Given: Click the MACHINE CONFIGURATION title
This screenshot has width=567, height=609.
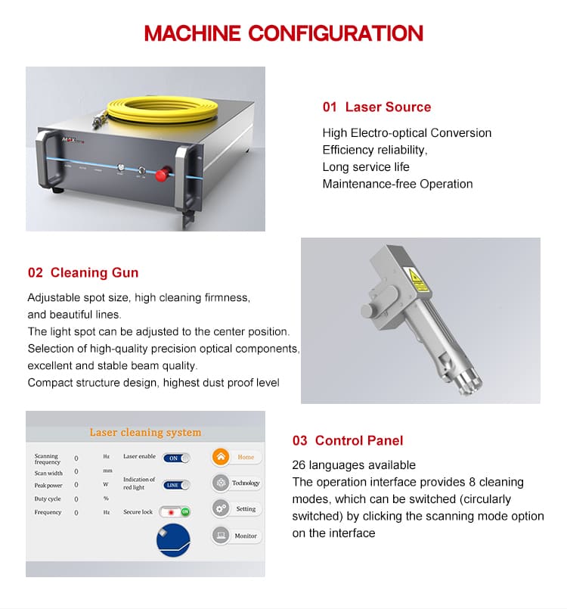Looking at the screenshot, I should coord(283,33).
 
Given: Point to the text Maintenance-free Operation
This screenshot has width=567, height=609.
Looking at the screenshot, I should coord(398,184).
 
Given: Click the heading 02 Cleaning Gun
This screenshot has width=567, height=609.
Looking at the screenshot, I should coord(83,272).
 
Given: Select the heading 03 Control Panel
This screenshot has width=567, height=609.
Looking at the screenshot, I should coord(348,440).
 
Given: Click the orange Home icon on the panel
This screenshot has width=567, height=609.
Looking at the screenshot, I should coord(220,457).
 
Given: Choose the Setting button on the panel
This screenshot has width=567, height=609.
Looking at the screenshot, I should coord(237,509).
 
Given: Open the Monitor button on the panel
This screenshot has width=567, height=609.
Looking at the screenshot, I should coord(237,536).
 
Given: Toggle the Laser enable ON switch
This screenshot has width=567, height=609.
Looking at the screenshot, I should coord(176,458).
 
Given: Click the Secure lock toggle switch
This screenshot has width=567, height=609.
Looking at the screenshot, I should coord(176,512).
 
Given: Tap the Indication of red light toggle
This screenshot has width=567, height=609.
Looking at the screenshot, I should coord(176,485).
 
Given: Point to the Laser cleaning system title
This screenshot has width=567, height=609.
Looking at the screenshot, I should coord(145,433).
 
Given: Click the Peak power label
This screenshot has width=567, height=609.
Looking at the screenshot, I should coord(48,486).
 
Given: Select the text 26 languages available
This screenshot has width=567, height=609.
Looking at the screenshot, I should coord(354,465).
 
